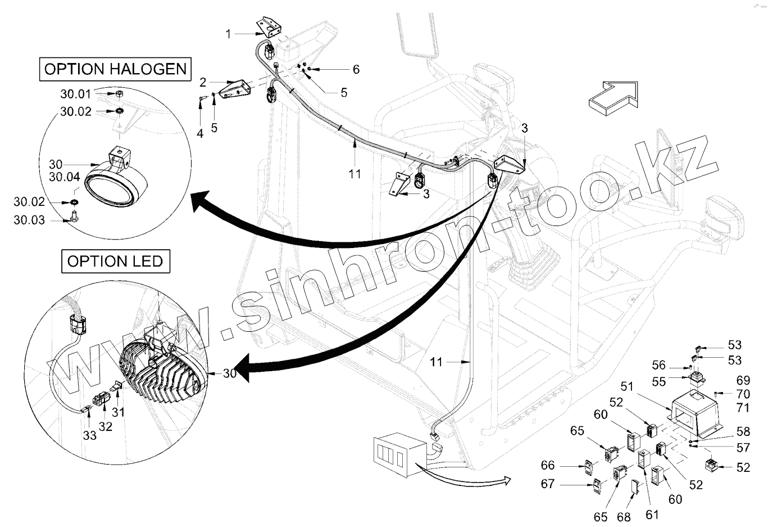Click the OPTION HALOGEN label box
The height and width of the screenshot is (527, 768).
115,69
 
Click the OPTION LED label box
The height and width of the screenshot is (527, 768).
115,262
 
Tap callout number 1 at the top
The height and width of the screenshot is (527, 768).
229,34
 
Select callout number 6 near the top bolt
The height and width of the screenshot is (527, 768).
356,69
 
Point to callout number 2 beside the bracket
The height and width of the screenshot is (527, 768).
203,83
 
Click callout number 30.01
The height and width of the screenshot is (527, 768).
75,93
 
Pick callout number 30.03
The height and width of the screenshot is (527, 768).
29,220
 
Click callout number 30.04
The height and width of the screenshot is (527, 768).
65,177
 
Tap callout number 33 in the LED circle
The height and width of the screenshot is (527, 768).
90,435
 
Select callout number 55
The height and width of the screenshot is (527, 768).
659,382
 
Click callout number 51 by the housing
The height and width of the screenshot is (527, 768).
628,386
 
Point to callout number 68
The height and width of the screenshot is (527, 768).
624,516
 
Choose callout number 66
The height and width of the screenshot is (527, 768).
548,465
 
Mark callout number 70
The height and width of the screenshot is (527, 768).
743,394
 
